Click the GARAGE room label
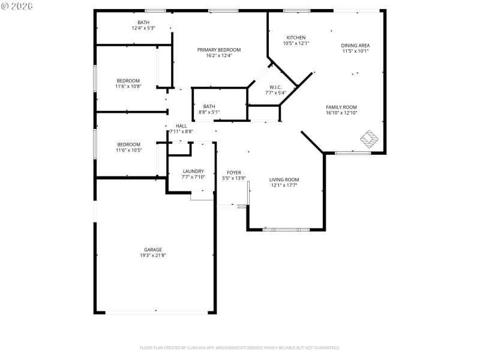(x=152, y=250)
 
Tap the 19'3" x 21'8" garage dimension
(x=152, y=256)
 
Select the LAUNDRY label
(x=193, y=171)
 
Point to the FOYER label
(x=233, y=172)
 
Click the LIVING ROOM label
(x=284, y=179)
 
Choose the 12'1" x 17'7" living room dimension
(x=284, y=185)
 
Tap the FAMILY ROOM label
(x=341, y=107)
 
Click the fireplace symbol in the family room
(x=369, y=139)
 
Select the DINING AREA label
(x=355, y=46)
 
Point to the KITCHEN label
(x=296, y=37)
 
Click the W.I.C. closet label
(x=275, y=86)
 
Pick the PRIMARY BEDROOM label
(x=219, y=49)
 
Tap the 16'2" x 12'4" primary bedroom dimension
(x=219, y=55)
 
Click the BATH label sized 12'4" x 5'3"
(x=143, y=22)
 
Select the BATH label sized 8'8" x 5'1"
(x=209, y=106)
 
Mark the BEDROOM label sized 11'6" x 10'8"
(x=128, y=80)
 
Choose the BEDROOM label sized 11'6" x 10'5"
(x=128, y=144)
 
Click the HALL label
(x=181, y=125)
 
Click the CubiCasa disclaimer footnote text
(x=240, y=347)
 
